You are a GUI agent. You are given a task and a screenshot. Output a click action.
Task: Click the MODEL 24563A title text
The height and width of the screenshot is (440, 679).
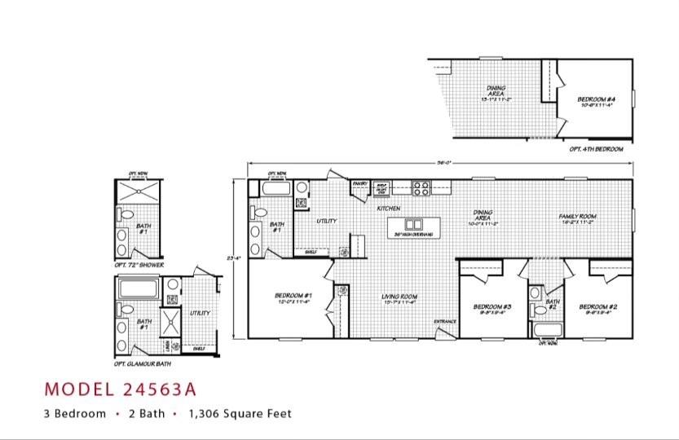point(120,388)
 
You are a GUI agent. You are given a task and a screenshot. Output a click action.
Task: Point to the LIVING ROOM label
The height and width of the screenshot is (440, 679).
point(399,298)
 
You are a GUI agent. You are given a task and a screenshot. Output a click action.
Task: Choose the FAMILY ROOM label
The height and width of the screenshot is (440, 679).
point(577,218)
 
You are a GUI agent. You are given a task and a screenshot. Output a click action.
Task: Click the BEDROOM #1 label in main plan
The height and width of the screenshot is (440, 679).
point(293,297)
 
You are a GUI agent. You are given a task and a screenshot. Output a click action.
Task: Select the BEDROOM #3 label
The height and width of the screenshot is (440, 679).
point(492,308)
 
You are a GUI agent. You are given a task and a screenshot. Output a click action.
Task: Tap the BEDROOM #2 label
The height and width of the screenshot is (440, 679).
point(597,308)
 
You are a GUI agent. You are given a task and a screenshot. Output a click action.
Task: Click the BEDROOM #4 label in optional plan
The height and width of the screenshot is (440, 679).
point(597,100)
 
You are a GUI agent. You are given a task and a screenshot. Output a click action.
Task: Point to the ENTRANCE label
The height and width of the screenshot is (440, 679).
point(445,321)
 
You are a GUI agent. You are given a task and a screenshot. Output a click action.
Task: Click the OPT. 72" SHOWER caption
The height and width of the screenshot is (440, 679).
point(139,265)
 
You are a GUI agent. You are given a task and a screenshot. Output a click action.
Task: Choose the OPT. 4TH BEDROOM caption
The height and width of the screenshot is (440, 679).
point(597,149)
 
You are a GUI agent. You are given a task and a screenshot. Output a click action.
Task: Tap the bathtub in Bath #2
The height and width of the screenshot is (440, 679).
point(545,329)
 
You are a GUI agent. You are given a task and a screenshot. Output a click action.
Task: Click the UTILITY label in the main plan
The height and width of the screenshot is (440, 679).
point(327,221)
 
